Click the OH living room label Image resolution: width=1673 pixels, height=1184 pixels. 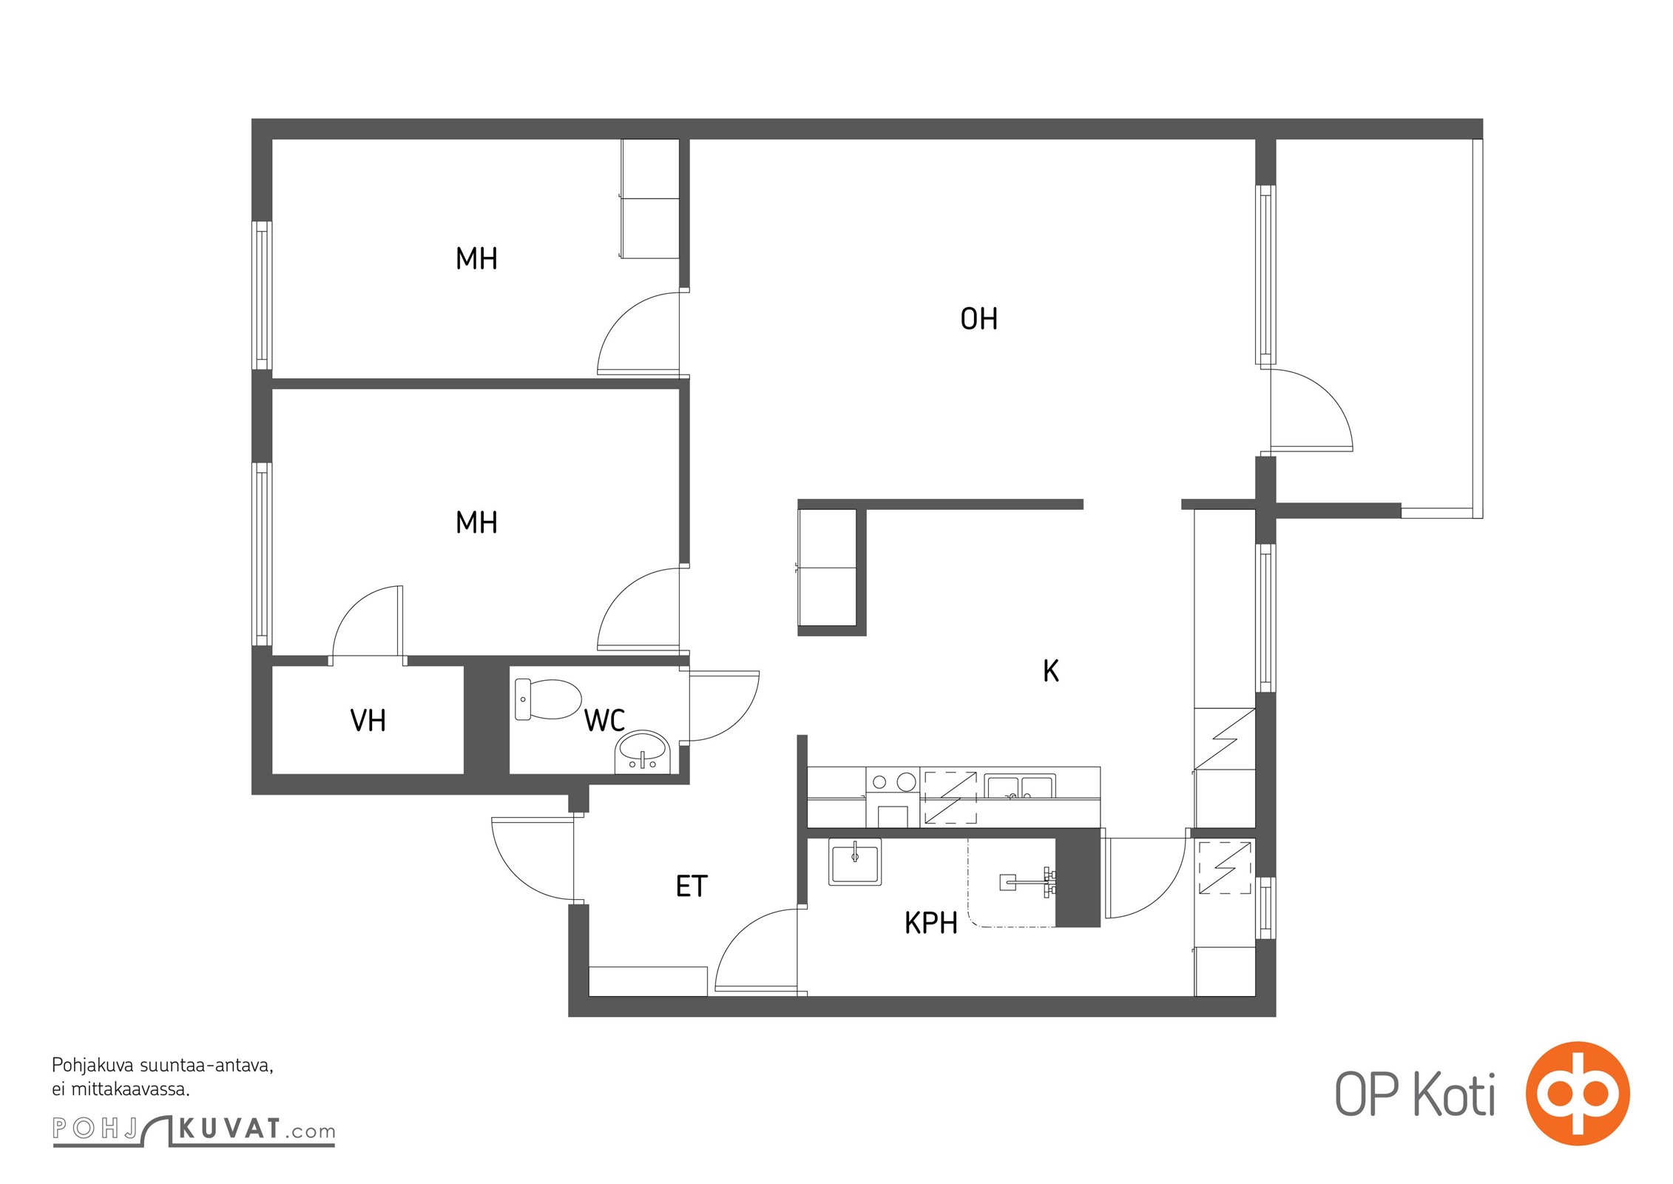pos(979,319)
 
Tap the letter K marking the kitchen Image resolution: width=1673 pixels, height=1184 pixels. pos(1050,670)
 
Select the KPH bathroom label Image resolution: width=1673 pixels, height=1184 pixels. pos(930,923)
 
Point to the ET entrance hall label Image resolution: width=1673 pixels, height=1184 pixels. pos(692,886)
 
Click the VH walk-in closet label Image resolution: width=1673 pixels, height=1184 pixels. pos(368,720)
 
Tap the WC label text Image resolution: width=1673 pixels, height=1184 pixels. pos(604,720)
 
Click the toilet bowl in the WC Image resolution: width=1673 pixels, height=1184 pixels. pos(548,699)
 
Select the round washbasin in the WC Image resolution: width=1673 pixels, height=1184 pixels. pos(642,752)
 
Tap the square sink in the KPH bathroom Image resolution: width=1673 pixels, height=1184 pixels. pos(855,861)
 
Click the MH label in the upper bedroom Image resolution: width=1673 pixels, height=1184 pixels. pos(476,259)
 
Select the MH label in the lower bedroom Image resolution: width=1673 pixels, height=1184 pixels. pos(476,523)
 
